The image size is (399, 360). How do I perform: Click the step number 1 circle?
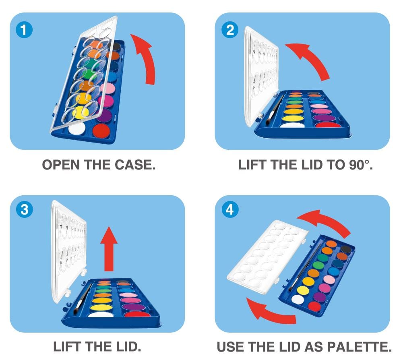point(24,30)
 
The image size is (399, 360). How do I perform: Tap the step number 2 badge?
point(230,30)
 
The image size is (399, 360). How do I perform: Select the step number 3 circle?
point(24,210)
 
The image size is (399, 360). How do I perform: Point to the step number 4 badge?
point(230,210)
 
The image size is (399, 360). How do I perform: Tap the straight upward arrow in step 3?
point(109,249)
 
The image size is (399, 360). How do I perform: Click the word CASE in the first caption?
point(135,165)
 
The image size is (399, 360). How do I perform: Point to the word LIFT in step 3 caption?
point(67,347)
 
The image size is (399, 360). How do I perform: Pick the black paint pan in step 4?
point(345,249)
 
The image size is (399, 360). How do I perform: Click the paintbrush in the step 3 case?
point(83,299)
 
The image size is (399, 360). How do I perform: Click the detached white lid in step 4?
point(267,257)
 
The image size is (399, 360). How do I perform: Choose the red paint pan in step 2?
point(328,125)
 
